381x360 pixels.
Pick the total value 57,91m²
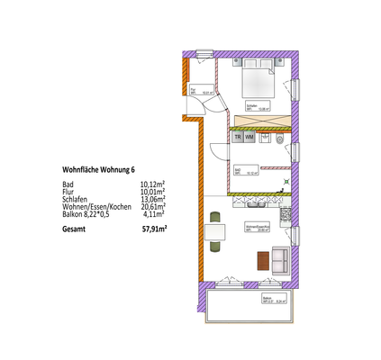pyautogui.click(x=155, y=229)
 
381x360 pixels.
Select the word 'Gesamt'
pyautogui.click(x=75, y=229)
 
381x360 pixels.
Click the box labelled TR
pyautogui.click(x=237, y=137)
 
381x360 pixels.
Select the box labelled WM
pyautogui.click(x=249, y=137)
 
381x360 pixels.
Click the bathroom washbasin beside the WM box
pyautogui.click(x=262, y=137)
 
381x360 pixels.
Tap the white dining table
pyautogui.click(x=215, y=237)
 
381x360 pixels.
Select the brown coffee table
pyautogui.click(x=263, y=259)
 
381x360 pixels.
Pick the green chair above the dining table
pyautogui.click(x=214, y=217)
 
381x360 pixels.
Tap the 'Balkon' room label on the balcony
pyautogui.click(x=267, y=297)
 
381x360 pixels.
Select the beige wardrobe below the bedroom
pyautogui.click(x=262, y=121)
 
